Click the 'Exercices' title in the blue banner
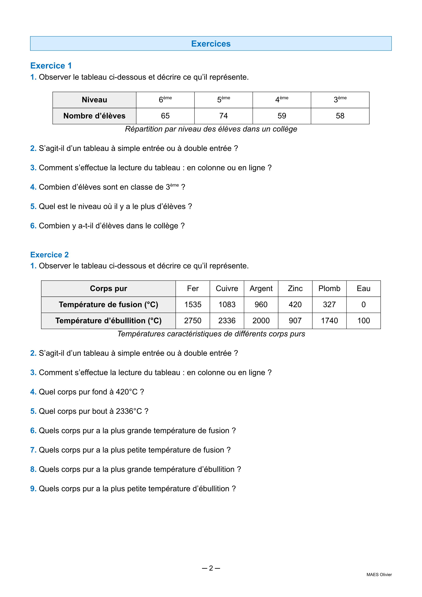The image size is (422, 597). (211, 44)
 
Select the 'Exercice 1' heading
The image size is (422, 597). (51, 66)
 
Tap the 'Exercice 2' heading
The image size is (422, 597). (49, 255)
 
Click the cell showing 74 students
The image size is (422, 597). (224, 116)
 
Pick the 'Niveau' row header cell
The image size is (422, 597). (94, 100)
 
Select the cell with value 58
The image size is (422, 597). (340, 116)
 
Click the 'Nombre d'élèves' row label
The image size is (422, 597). (94, 116)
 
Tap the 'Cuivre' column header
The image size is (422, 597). (227, 289)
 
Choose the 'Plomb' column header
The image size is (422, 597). (329, 289)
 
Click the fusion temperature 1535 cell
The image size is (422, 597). (193, 305)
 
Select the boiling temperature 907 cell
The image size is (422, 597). (295, 321)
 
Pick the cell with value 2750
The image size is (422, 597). (193, 321)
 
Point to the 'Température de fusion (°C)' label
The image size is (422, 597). (108, 305)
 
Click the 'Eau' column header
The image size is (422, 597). (363, 289)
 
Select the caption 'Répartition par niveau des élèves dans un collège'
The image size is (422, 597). (211, 129)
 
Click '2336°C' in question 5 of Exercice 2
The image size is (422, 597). (129, 411)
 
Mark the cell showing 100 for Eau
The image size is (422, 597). (363, 321)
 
